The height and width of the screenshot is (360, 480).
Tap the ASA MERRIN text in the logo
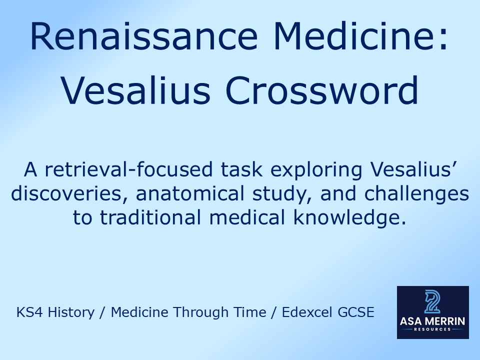pyautogui.click(x=433, y=321)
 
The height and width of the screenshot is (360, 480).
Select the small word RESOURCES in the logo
pyautogui.click(x=433, y=329)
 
